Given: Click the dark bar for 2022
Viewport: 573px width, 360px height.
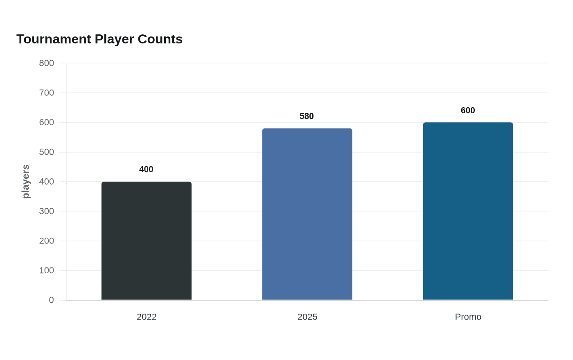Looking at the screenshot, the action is pos(147,241).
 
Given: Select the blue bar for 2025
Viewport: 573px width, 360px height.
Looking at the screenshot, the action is pos(307,214).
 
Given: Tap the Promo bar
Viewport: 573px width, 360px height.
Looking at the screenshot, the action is pos(468,211).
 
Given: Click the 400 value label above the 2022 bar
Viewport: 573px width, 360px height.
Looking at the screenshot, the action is pos(146,169).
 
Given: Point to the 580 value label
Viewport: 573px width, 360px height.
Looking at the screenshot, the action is pos(307,116).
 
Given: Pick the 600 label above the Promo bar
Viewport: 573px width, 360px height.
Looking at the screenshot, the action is pos(467,110).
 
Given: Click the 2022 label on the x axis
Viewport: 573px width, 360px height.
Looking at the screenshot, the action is pos(147,317).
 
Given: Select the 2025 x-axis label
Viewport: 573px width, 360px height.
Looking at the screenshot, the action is pos(307,317).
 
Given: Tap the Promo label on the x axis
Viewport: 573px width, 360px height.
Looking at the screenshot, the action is pos(468,317).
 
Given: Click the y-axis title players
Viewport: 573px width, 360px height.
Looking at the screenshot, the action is pos(25,181).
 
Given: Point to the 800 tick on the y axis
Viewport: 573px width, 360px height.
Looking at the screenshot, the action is pos(46,63).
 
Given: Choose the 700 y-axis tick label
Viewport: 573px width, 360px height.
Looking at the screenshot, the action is pos(46,92).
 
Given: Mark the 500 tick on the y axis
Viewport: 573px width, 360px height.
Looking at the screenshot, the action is pos(46,152).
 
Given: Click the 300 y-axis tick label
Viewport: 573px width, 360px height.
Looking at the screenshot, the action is pos(46,211).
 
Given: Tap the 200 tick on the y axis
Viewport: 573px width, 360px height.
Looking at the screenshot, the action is pos(46,241).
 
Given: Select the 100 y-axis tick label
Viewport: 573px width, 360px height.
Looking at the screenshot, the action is pos(46,270).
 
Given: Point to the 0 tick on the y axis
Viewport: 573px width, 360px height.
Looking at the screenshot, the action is pos(51,300).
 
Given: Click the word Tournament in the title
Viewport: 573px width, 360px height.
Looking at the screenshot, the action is pos(54,39).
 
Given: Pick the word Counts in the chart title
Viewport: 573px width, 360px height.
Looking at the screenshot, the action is pos(160,39).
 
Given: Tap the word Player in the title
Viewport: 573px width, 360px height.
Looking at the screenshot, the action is pos(114,40).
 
